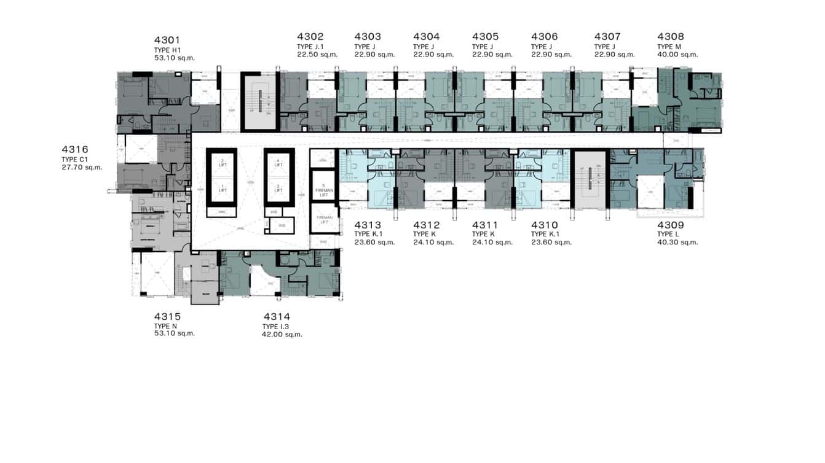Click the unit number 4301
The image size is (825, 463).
click(x=168, y=41)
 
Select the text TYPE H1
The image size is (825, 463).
click(x=168, y=50)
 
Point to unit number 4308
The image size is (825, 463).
click(x=670, y=37)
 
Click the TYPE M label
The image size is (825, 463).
click(x=669, y=47)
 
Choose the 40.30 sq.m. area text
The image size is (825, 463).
click(x=677, y=242)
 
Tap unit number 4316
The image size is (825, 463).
click(x=75, y=149)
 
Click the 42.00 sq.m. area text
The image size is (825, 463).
click(x=282, y=335)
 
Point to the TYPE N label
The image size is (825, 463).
click(x=165, y=326)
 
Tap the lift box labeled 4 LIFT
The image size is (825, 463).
click(x=278, y=163)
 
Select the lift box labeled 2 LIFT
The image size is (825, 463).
click(x=223, y=163)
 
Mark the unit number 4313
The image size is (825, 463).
click(x=368, y=225)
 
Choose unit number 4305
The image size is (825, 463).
click(x=485, y=37)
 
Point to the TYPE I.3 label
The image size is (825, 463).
click(x=274, y=327)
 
